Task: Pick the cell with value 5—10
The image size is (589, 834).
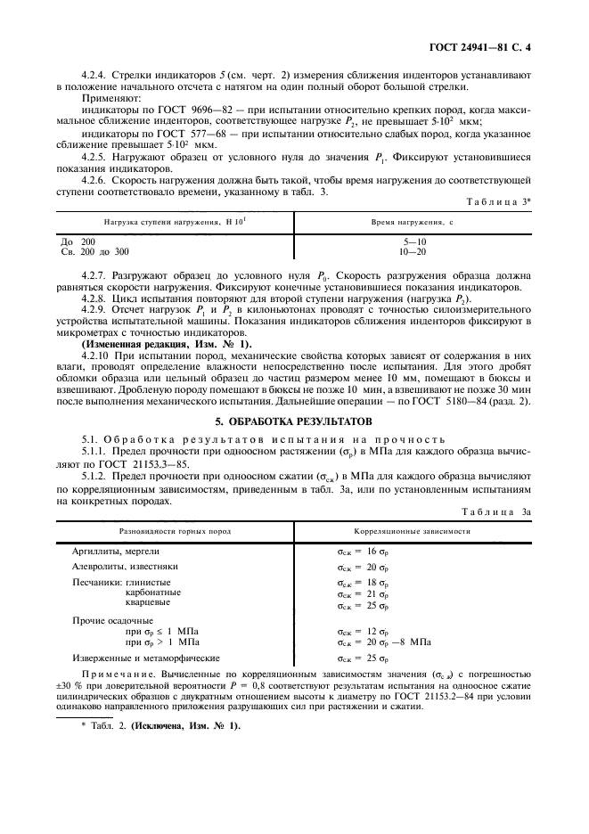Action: (x=414, y=241)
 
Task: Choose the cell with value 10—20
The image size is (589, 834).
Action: (x=414, y=251)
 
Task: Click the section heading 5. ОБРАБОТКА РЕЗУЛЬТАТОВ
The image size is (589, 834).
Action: (x=294, y=420)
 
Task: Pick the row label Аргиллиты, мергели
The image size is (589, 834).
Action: (x=116, y=552)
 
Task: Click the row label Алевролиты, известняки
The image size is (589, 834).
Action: (x=126, y=567)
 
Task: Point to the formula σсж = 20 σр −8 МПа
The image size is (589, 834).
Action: (x=384, y=641)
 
